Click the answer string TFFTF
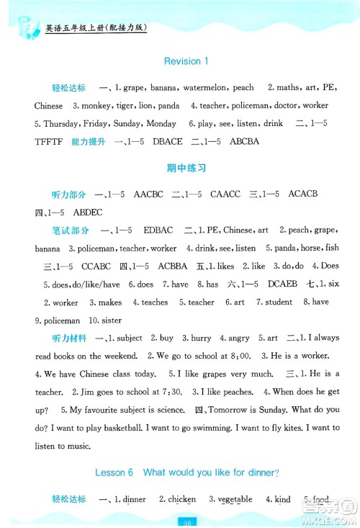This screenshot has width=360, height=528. coord(48,141)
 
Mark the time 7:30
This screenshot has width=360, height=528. coord(163,392)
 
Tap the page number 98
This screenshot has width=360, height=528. coord(186,522)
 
